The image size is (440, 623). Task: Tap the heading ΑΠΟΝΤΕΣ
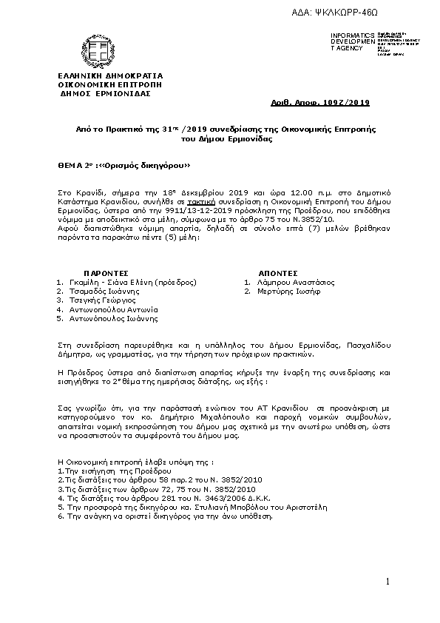278,273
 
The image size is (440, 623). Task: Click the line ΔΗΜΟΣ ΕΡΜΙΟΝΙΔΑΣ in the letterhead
105,94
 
